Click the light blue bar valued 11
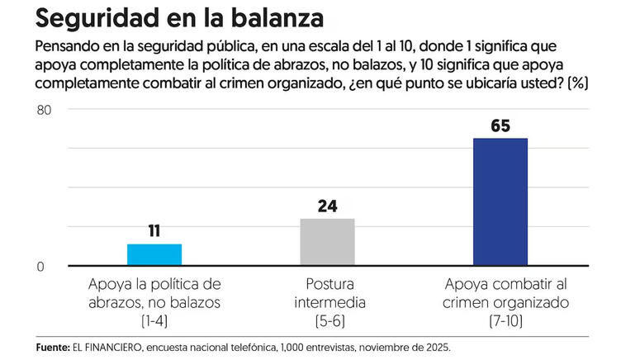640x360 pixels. (154, 255)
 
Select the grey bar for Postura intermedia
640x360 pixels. (327, 242)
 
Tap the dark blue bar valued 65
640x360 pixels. (500, 201)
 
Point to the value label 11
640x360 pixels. (154, 231)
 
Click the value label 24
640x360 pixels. (327, 206)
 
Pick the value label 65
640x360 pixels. (500, 126)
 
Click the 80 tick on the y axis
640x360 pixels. (44, 109)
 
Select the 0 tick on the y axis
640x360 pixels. (40, 266)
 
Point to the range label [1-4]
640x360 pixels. (154, 320)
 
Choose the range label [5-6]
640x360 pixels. (327, 320)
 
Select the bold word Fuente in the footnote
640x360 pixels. (54, 347)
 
